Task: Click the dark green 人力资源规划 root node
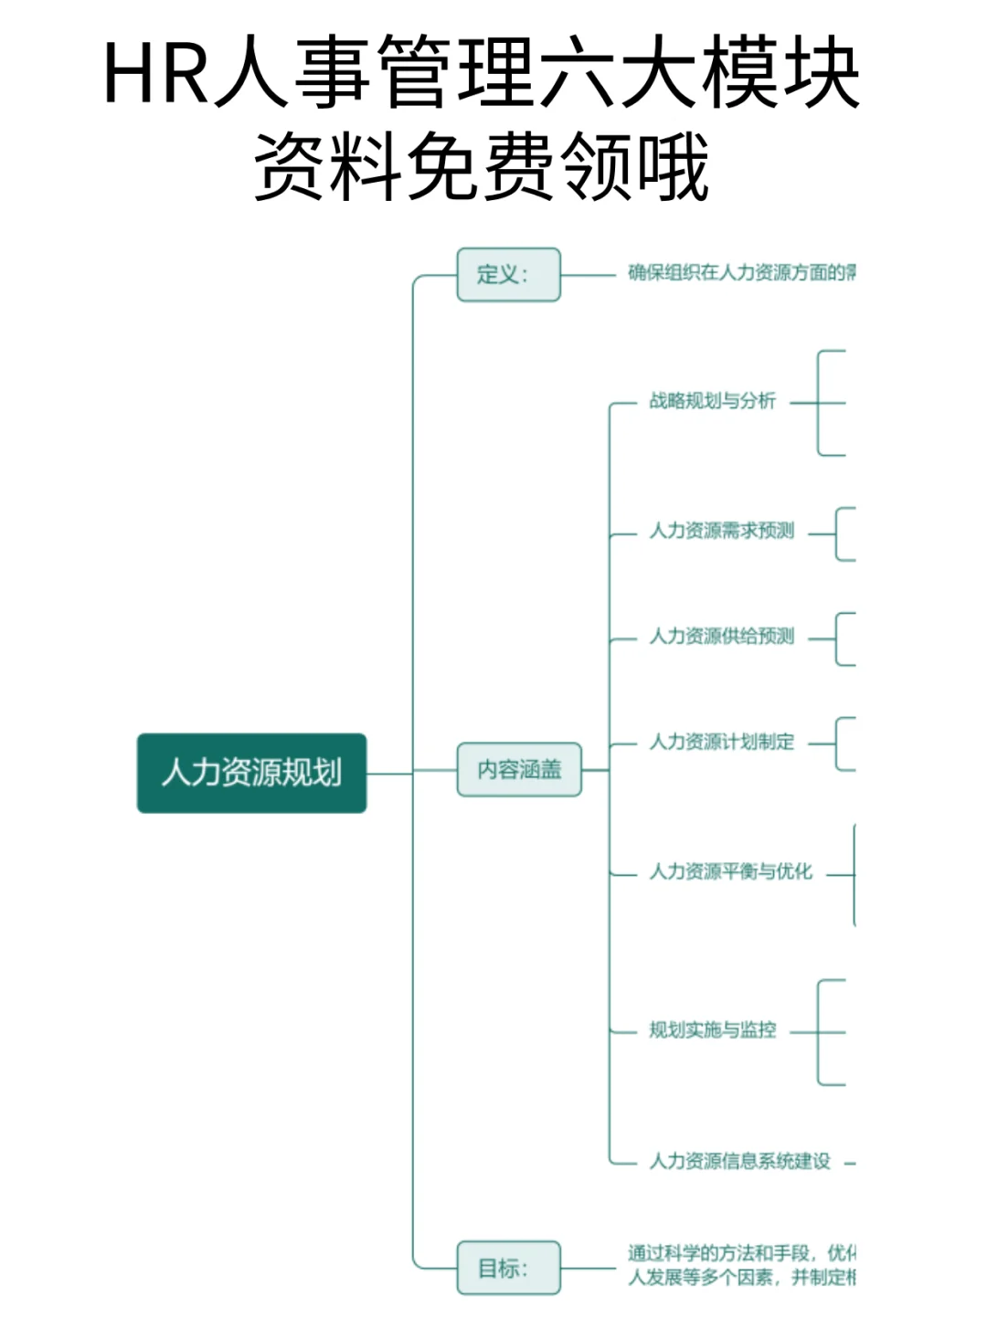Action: point(251,773)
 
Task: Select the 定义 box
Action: point(508,274)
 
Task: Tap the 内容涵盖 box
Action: point(519,769)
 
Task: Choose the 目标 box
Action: point(508,1267)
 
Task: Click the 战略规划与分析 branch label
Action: point(712,401)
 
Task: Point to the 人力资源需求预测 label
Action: point(721,531)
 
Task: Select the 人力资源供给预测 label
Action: point(721,637)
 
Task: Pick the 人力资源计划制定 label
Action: point(721,742)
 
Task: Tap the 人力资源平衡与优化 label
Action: point(730,872)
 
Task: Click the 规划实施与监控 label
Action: point(712,1030)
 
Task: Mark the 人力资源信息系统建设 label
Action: point(739,1161)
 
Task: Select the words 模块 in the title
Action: point(780,73)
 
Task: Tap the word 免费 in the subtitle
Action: point(481,166)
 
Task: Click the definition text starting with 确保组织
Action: point(741,273)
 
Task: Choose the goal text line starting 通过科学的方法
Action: point(741,1252)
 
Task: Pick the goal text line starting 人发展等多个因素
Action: point(741,1277)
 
